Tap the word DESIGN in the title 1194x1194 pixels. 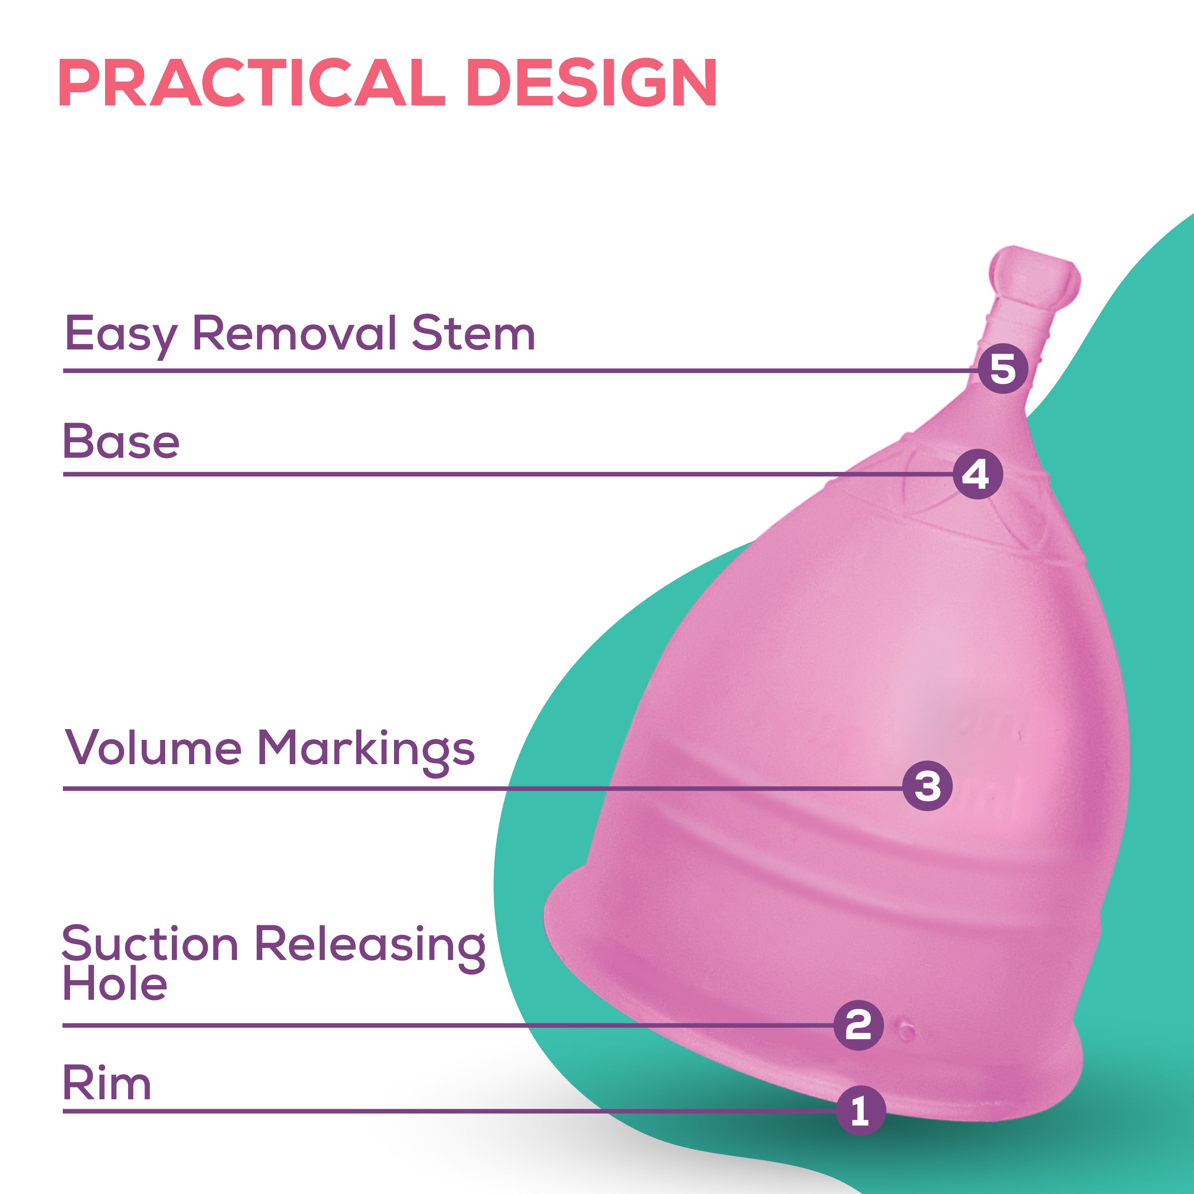(x=591, y=84)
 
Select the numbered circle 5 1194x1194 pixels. (x=1003, y=369)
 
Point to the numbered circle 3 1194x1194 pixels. (x=927, y=786)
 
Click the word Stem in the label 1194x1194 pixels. (x=473, y=334)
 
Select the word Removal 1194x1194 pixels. (x=294, y=334)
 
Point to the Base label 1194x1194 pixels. (x=121, y=442)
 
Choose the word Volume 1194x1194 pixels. (x=153, y=748)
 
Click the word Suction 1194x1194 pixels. (x=150, y=944)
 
